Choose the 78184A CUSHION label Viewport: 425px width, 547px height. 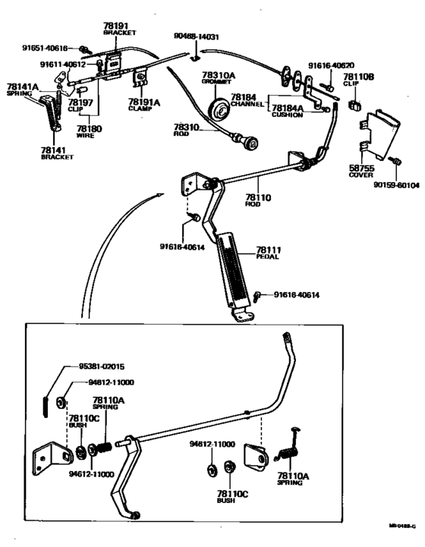(x=288, y=112)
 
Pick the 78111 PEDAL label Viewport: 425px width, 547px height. (x=267, y=253)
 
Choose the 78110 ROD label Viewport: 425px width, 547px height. (x=258, y=200)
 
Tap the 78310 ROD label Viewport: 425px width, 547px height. (x=186, y=130)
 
